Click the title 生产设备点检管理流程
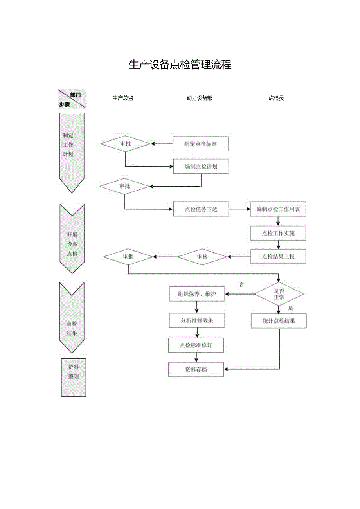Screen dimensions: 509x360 click(x=180, y=65)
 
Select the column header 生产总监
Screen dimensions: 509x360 click(x=123, y=98)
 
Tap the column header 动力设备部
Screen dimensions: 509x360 click(x=200, y=98)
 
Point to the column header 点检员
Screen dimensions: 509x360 click(x=276, y=98)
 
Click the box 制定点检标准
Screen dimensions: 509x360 click(x=201, y=144)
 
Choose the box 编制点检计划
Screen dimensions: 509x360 click(x=201, y=166)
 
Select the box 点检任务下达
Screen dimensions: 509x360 click(x=201, y=209)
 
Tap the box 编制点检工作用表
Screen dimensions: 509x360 click(x=278, y=209)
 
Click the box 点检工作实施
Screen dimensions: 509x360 click(x=278, y=233)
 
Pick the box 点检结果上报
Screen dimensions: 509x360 click(x=278, y=257)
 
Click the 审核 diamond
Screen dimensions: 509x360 click(x=202, y=257)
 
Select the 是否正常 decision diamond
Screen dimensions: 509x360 click(x=279, y=294)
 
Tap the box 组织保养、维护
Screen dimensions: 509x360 click(x=197, y=294)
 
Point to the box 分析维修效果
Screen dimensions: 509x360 click(x=197, y=320)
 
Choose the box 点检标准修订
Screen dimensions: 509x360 click(x=196, y=345)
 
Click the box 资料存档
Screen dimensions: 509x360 click(x=196, y=369)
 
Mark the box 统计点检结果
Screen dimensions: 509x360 click(x=279, y=321)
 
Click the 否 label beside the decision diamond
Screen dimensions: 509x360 click(x=241, y=284)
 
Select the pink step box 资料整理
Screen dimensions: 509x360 click(x=74, y=377)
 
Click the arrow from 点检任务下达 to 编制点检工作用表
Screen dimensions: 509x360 click(x=239, y=209)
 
